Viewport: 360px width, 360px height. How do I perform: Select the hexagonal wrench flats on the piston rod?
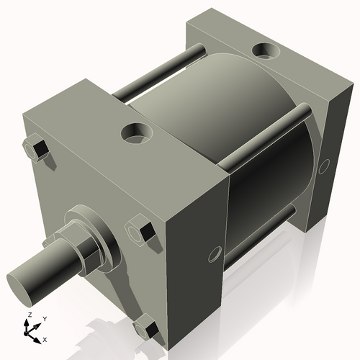[80, 248]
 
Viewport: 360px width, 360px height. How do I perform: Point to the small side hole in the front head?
[213, 254]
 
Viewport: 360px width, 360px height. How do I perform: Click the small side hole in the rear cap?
[324, 166]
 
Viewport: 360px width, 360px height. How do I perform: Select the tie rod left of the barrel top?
[155, 72]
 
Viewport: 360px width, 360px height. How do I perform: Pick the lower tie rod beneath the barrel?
[259, 230]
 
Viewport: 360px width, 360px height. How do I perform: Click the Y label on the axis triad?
[44, 318]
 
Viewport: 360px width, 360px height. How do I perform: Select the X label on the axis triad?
[45, 338]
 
